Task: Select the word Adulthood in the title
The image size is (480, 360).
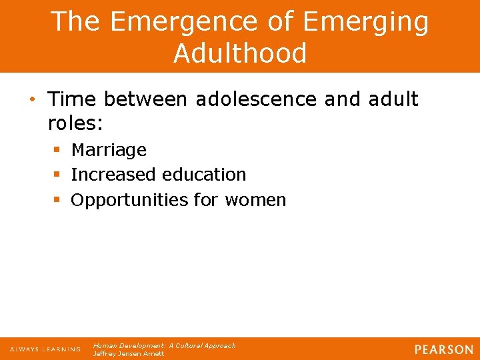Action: [x=240, y=53]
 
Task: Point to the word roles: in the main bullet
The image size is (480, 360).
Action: [x=77, y=123]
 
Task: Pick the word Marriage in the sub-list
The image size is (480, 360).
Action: [x=109, y=150]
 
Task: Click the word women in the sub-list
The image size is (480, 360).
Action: [x=255, y=200]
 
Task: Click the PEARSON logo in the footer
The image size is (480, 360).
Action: [x=443, y=349]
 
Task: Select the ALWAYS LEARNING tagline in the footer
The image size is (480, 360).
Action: [x=45, y=349]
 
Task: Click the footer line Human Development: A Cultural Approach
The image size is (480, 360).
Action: [x=164, y=345]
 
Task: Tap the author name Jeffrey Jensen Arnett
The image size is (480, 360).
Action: [x=129, y=353]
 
